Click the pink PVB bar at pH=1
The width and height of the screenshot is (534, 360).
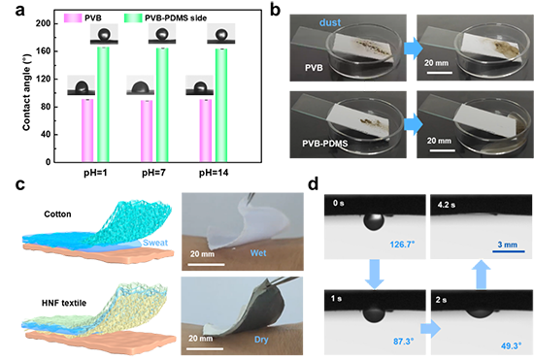point(87,131)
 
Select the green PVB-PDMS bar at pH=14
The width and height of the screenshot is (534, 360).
point(221,106)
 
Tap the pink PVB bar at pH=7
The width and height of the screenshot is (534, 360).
point(147,131)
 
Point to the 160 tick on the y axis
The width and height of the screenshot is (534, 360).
point(44,51)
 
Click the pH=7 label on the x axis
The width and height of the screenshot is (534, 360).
point(153,173)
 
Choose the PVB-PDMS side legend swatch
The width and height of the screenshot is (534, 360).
point(133,17)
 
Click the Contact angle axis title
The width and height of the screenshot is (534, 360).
point(26,92)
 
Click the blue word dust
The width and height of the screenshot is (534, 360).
point(330,22)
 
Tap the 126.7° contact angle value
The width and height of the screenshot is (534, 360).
point(402,244)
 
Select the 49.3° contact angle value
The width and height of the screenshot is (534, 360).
point(511,345)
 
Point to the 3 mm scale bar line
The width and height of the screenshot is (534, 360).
point(508,251)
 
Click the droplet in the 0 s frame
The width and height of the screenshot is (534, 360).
point(374,221)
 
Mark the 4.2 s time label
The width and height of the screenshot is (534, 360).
point(447,205)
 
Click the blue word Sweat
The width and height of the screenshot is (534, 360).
point(155,243)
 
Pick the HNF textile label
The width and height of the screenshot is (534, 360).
point(64,303)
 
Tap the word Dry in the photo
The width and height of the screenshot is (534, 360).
point(261,340)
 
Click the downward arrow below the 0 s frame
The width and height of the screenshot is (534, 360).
point(374,274)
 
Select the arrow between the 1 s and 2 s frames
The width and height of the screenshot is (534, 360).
point(430,329)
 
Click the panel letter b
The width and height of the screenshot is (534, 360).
point(275,11)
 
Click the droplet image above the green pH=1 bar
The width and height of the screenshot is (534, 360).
point(104,34)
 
